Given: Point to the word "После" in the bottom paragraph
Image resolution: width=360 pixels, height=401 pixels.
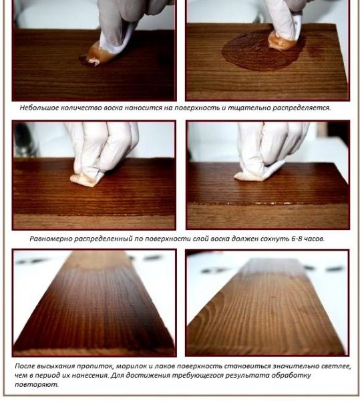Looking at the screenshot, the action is (25, 366).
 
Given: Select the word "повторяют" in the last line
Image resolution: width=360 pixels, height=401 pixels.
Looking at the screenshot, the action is (36, 384).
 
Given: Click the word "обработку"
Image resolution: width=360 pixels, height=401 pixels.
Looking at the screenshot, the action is (291, 376).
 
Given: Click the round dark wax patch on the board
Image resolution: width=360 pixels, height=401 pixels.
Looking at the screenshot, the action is (260, 52).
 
